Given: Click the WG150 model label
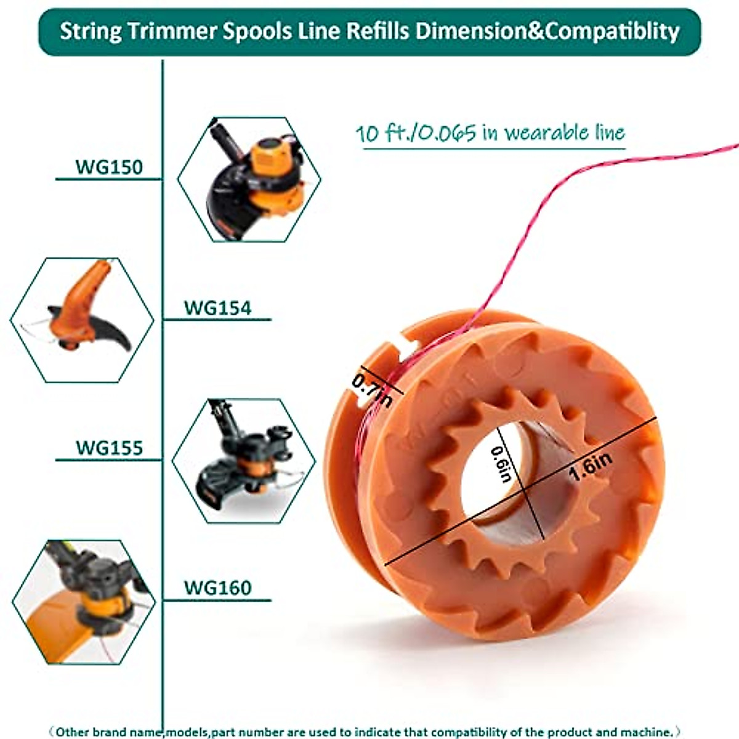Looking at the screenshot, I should pos(109,167).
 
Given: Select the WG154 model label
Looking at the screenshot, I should pos(217,307).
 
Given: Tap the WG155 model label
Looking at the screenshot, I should pos(109,448).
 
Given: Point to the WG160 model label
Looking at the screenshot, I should pos(217,588).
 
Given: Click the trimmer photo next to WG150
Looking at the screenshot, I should pos(249,179).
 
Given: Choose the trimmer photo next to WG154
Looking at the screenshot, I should pos(82,318).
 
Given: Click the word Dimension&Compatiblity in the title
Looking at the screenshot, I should pos(547,31).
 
